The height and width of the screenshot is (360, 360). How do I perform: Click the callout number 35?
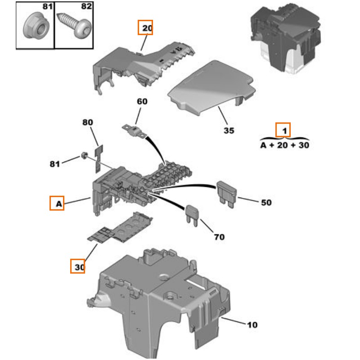(229, 131)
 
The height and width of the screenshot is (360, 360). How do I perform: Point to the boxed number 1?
(283, 130)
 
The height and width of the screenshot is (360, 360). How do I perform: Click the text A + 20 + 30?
(285, 145)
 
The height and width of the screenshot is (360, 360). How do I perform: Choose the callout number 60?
(142, 102)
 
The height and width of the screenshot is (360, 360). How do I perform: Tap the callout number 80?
(87, 122)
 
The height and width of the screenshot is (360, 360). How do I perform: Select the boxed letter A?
(57, 204)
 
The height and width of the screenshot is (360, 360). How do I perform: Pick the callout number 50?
(266, 202)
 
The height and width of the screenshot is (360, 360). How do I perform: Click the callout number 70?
(219, 237)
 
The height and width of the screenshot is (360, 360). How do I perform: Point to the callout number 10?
(252, 324)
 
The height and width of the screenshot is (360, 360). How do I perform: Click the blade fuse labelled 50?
(226, 193)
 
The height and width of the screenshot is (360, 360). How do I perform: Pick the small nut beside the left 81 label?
(84, 156)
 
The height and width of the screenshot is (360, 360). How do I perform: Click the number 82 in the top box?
(86, 7)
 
